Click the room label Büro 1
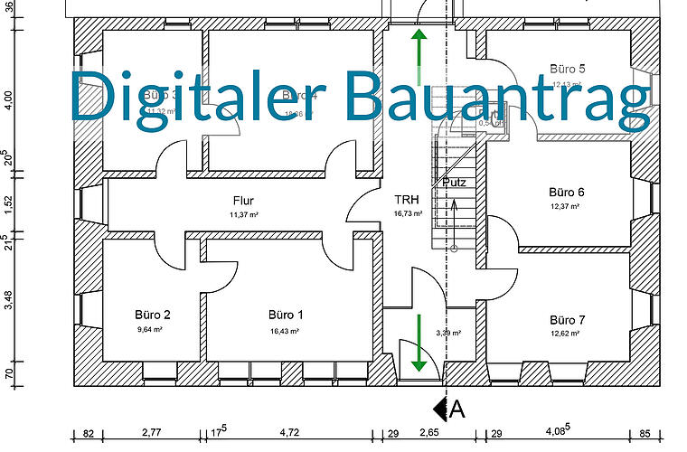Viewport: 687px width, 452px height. tap(286, 315)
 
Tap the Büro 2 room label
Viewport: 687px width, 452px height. tap(153, 315)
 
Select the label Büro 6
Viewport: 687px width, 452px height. tap(567, 193)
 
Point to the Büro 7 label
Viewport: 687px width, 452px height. tap(567, 321)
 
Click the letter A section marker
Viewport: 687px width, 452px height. tap(457, 409)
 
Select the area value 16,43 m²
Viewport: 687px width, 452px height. tap(286, 332)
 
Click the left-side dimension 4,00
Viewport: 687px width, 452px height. tap(8, 98)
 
